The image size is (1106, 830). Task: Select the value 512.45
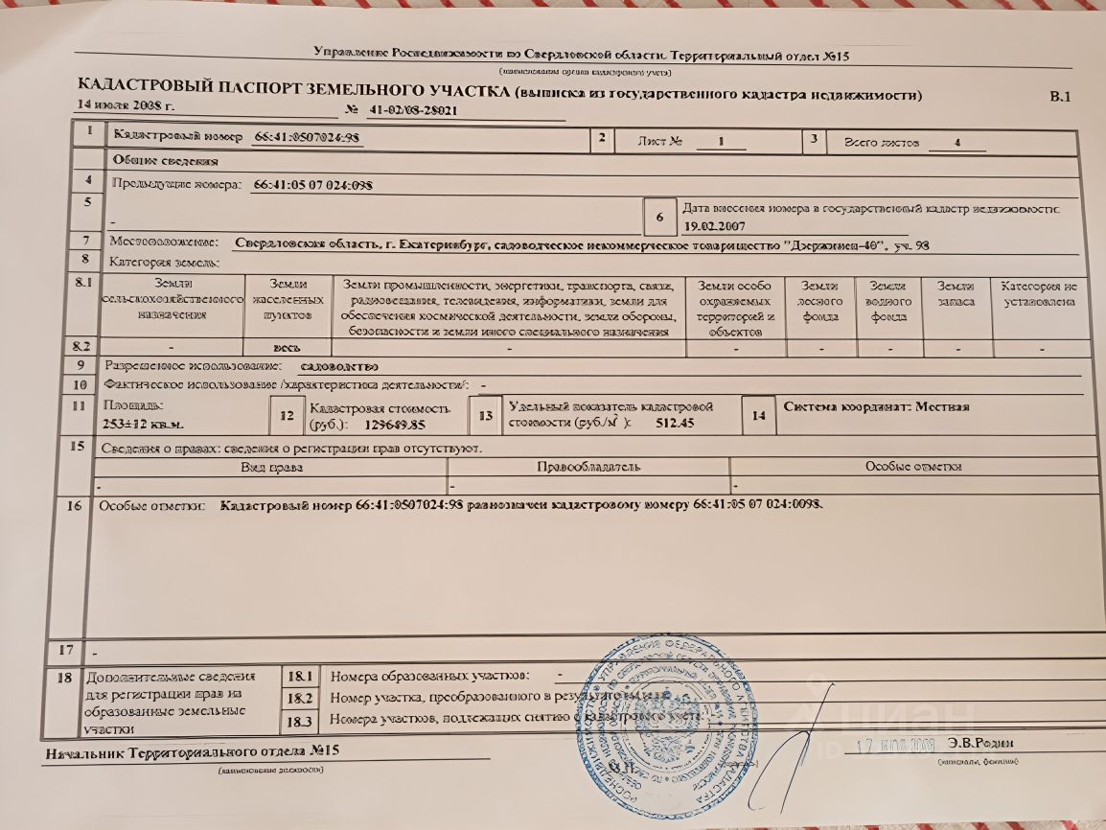(675, 424)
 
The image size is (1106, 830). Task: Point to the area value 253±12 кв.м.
(144, 423)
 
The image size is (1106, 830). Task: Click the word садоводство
(339, 367)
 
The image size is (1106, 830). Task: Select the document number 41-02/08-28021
(413, 110)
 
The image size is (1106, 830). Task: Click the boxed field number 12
(285, 415)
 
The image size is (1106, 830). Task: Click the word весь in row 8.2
(288, 348)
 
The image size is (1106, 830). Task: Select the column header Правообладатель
(588, 467)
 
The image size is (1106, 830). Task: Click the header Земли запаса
(956, 293)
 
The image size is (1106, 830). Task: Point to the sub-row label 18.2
(301, 697)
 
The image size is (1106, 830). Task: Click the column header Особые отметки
(912, 467)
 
